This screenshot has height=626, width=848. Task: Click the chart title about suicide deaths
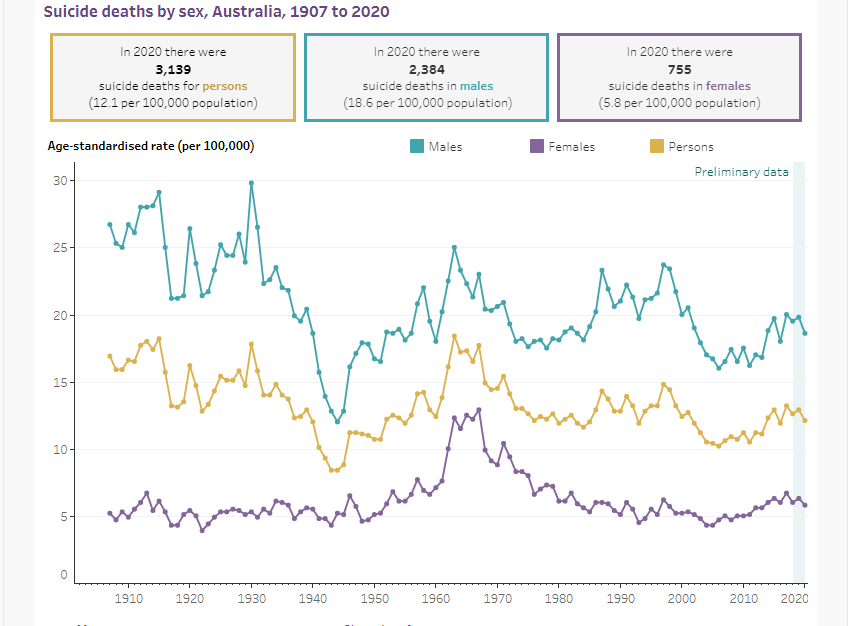[x=217, y=12]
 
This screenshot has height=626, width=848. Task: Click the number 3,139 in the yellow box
[x=173, y=69]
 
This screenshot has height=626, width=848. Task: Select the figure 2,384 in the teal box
[x=426, y=69]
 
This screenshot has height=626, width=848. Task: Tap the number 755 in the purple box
[x=679, y=69]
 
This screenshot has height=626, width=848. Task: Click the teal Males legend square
[x=417, y=147]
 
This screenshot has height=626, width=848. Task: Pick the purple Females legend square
[x=536, y=147]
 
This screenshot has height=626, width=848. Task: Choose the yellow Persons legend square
[x=657, y=147]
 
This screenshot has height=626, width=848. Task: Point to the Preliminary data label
[x=741, y=172]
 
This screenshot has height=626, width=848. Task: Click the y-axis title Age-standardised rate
[x=151, y=146]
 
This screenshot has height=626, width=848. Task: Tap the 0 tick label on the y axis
[x=63, y=576]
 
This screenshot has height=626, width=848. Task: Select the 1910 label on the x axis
[x=128, y=598]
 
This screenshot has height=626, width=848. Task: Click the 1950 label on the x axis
[x=375, y=598]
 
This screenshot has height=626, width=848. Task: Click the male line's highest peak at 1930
[x=251, y=183]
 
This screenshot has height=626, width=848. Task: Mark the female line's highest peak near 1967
[x=479, y=410]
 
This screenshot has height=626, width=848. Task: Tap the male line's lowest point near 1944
[x=337, y=422]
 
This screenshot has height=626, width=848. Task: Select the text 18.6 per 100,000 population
[x=426, y=103]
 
